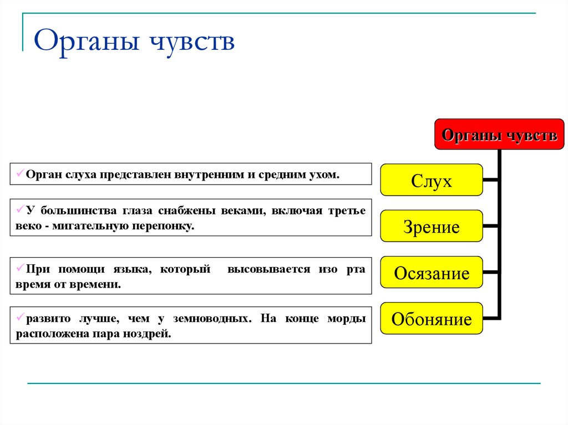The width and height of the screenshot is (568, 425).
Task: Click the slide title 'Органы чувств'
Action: pos(134,43)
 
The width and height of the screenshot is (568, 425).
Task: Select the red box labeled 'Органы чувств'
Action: pos(499,135)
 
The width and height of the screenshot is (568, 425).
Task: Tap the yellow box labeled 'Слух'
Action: pos(432,181)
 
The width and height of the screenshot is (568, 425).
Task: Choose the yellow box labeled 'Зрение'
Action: pos(432,227)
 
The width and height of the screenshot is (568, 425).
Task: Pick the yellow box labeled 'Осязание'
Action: pos(432,273)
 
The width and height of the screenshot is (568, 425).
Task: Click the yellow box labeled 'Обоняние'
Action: pos(432,319)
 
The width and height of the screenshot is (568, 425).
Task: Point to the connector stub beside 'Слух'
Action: pos(490,180)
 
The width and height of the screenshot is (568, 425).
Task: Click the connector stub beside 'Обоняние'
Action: pos(490,318)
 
